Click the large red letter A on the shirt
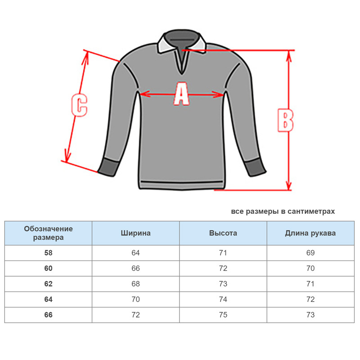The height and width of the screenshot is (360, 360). [x=181, y=94]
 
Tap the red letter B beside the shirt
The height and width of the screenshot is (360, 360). [x=285, y=120]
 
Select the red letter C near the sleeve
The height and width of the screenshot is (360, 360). [x=79, y=105]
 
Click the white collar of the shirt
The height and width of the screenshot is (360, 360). [x=181, y=42]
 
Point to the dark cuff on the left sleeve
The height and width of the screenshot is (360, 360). [x=108, y=167]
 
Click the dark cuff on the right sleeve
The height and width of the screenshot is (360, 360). [x=255, y=167]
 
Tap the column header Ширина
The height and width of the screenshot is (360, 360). [x=136, y=233]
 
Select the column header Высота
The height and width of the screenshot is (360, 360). [x=223, y=233]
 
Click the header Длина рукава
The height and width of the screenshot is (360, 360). [x=310, y=233]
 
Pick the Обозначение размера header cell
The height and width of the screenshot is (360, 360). [x=48, y=233]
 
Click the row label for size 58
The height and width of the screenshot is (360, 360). [x=48, y=253]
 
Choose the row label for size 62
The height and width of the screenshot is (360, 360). [x=48, y=284]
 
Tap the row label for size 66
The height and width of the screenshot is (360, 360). [x=48, y=315]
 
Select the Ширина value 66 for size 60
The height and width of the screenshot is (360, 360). [x=136, y=268]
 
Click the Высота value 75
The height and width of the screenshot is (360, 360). [x=223, y=315]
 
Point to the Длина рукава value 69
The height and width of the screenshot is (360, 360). [x=310, y=253]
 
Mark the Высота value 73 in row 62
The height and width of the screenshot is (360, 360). [x=223, y=284]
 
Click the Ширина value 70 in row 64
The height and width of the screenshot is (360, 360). [x=136, y=299]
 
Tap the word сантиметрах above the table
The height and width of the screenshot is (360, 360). [x=311, y=211]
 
